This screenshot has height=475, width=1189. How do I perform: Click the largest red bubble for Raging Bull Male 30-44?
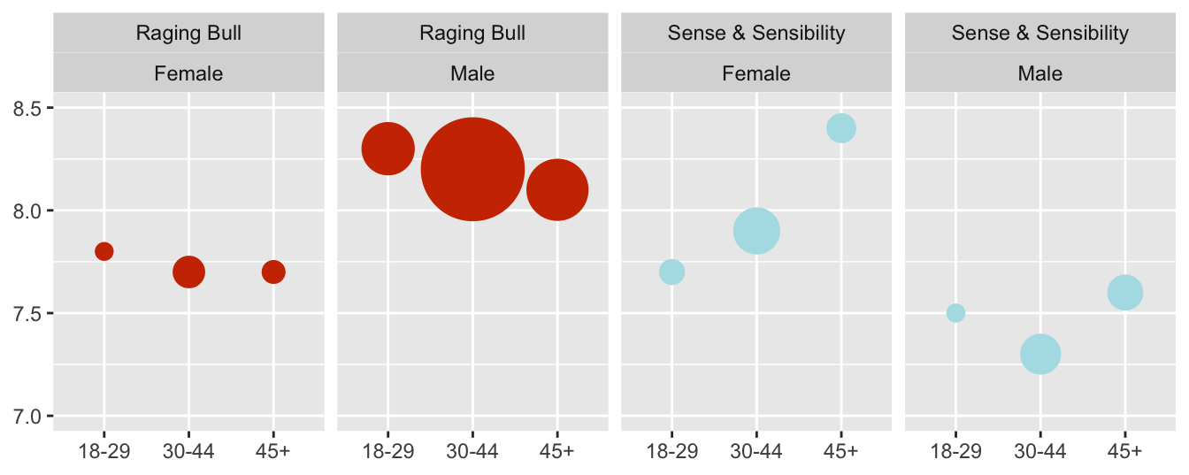pyautogui.click(x=472, y=169)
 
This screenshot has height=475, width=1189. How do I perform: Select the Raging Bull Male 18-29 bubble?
pyautogui.click(x=388, y=149)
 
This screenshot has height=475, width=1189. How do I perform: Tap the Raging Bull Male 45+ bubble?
pyautogui.click(x=557, y=189)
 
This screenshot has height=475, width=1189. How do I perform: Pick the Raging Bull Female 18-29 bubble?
pyautogui.click(x=104, y=251)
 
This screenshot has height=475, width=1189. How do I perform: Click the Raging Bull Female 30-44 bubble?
pyautogui.click(x=188, y=272)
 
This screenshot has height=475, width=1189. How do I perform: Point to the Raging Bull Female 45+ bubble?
pyautogui.click(x=273, y=272)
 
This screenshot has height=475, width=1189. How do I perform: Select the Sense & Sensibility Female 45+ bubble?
pyautogui.click(x=841, y=128)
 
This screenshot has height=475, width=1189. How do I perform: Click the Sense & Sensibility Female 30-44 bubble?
pyautogui.click(x=756, y=231)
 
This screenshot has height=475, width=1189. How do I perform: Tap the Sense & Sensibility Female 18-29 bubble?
pyautogui.click(x=672, y=272)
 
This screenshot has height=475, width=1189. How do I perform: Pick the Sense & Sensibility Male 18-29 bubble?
pyautogui.click(x=955, y=313)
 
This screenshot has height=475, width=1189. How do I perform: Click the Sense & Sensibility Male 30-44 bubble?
pyautogui.click(x=1040, y=354)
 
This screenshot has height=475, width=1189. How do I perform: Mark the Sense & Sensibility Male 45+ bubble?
pyautogui.click(x=1124, y=292)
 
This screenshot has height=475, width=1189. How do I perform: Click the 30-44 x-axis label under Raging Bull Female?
pyautogui.click(x=188, y=451)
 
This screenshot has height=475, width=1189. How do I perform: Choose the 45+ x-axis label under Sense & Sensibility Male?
pyautogui.click(x=1124, y=451)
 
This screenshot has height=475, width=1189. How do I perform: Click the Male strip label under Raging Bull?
pyautogui.click(x=472, y=73)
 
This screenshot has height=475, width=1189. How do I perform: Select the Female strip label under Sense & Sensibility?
pyautogui.click(x=756, y=73)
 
